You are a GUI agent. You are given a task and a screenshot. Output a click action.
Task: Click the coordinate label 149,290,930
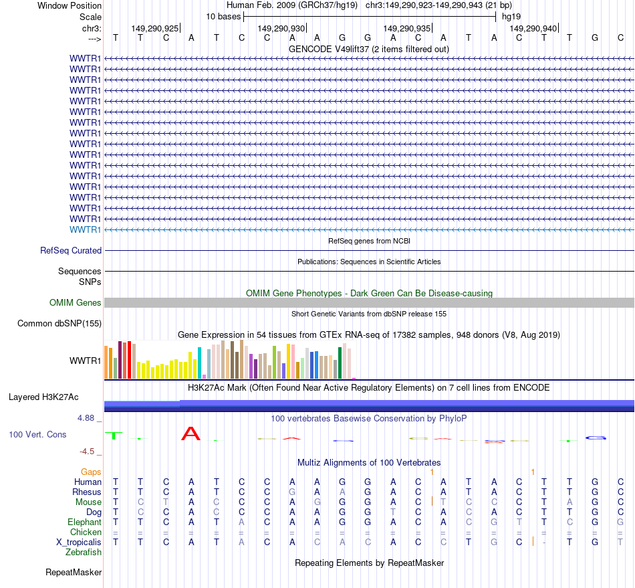click(x=281, y=28)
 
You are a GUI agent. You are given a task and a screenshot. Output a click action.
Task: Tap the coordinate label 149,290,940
click(x=533, y=28)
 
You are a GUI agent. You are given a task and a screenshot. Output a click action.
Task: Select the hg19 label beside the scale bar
click(x=511, y=16)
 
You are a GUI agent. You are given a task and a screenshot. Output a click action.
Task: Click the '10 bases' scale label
click(x=223, y=16)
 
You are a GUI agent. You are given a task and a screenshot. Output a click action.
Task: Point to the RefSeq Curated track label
click(x=71, y=250)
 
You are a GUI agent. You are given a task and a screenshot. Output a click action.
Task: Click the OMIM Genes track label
click(x=76, y=303)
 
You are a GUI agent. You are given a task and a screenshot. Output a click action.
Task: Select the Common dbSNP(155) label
click(x=59, y=324)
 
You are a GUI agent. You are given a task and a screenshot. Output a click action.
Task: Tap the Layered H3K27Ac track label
click(x=43, y=397)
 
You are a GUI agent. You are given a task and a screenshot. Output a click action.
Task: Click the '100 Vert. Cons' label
click(x=37, y=435)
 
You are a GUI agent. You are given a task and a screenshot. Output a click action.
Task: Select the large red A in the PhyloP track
click(x=191, y=434)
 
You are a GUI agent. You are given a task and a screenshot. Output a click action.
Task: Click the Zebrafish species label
click(x=84, y=552)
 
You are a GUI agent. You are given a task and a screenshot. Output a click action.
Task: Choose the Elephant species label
click(x=84, y=522)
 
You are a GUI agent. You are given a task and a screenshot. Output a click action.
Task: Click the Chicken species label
click(x=86, y=532)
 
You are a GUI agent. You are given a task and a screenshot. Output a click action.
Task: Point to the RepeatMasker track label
click(x=74, y=572)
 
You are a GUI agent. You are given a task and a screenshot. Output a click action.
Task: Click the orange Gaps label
click(x=91, y=472)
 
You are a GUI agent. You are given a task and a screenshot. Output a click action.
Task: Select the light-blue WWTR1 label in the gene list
click(x=86, y=229)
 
